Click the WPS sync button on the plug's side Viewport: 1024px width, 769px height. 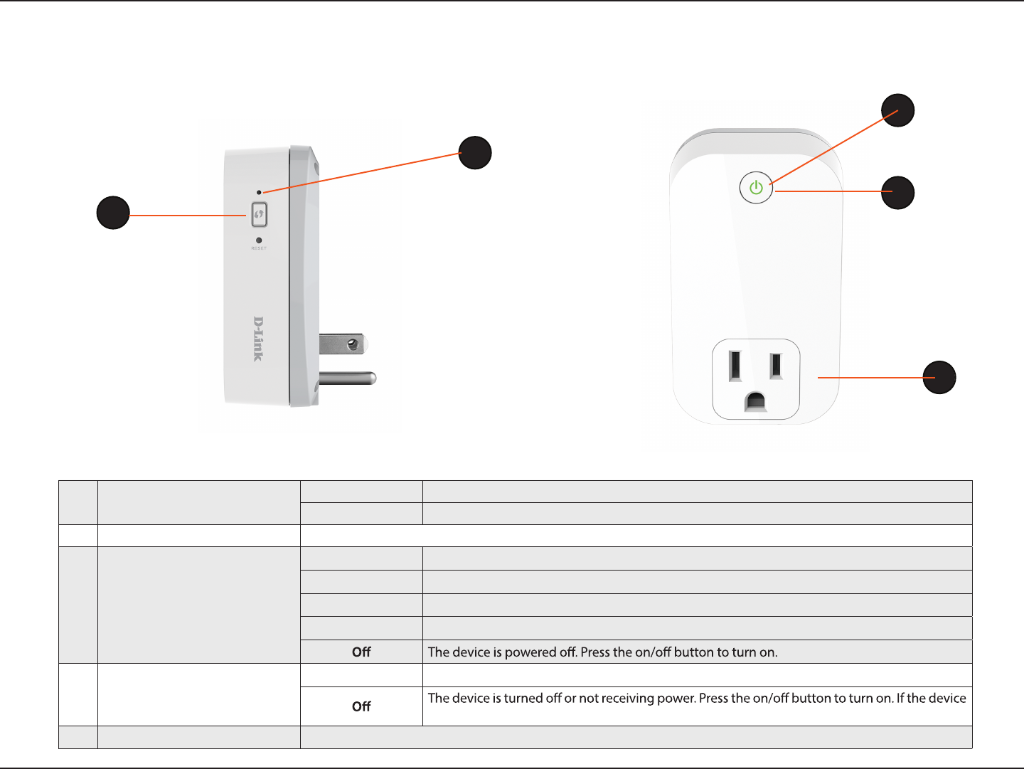[259, 214]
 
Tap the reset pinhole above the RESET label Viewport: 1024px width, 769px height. [259, 240]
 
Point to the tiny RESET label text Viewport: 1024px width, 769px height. [259, 248]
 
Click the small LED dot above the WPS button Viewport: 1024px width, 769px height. [259, 192]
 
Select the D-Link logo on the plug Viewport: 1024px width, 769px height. [259, 339]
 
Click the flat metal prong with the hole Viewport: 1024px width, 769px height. [342, 345]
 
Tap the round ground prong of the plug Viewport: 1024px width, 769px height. [348, 378]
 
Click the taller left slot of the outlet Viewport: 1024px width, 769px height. [735, 366]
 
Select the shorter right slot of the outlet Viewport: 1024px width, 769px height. [777, 366]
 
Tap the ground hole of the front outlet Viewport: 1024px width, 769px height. [755, 403]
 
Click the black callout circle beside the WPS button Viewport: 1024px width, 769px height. [113, 213]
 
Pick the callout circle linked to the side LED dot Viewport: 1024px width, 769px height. [475, 152]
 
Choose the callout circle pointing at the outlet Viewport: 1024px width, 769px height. [939, 377]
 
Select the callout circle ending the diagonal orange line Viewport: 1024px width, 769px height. [898, 110]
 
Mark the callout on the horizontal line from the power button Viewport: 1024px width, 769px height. [898, 193]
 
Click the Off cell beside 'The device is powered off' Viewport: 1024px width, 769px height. [361, 652]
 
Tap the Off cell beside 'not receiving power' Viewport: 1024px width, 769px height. [361, 706]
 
